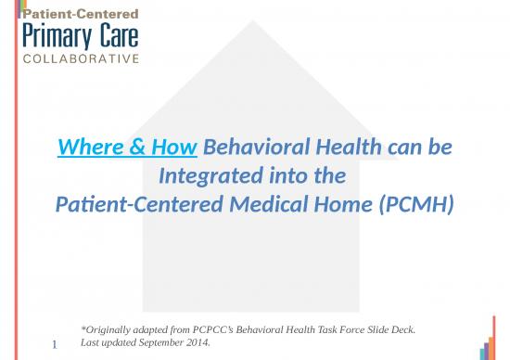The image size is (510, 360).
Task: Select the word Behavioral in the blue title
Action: click(x=251, y=147)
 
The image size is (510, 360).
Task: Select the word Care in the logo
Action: click(x=116, y=38)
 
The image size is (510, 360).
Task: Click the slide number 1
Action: click(x=55, y=346)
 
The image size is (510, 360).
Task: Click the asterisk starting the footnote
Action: click(x=83, y=329)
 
